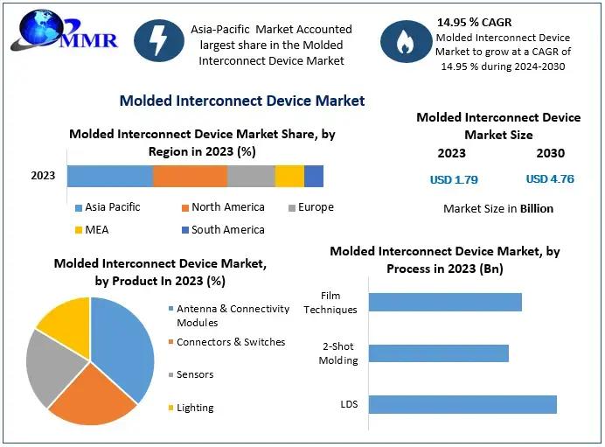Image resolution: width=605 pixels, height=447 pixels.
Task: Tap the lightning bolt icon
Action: (x=159, y=41)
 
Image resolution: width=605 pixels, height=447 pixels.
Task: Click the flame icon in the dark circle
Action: (x=405, y=43)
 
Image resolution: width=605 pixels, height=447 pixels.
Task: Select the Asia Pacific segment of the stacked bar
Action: (x=109, y=176)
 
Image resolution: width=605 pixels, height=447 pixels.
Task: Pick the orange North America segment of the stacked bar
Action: (x=190, y=176)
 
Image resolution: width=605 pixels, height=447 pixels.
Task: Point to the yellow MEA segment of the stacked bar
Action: (x=289, y=176)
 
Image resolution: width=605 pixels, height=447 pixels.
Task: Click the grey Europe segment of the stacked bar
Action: (x=251, y=176)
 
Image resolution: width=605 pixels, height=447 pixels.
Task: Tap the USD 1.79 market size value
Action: (x=454, y=179)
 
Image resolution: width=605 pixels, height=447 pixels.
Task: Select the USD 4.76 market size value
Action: (x=549, y=179)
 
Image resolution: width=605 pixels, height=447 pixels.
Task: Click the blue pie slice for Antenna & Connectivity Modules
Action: (x=124, y=346)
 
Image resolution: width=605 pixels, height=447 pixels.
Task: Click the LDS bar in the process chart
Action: (x=462, y=404)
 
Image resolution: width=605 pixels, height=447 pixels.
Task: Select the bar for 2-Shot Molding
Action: (x=438, y=353)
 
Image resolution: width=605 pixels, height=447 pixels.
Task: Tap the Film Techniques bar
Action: (x=445, y=302)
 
